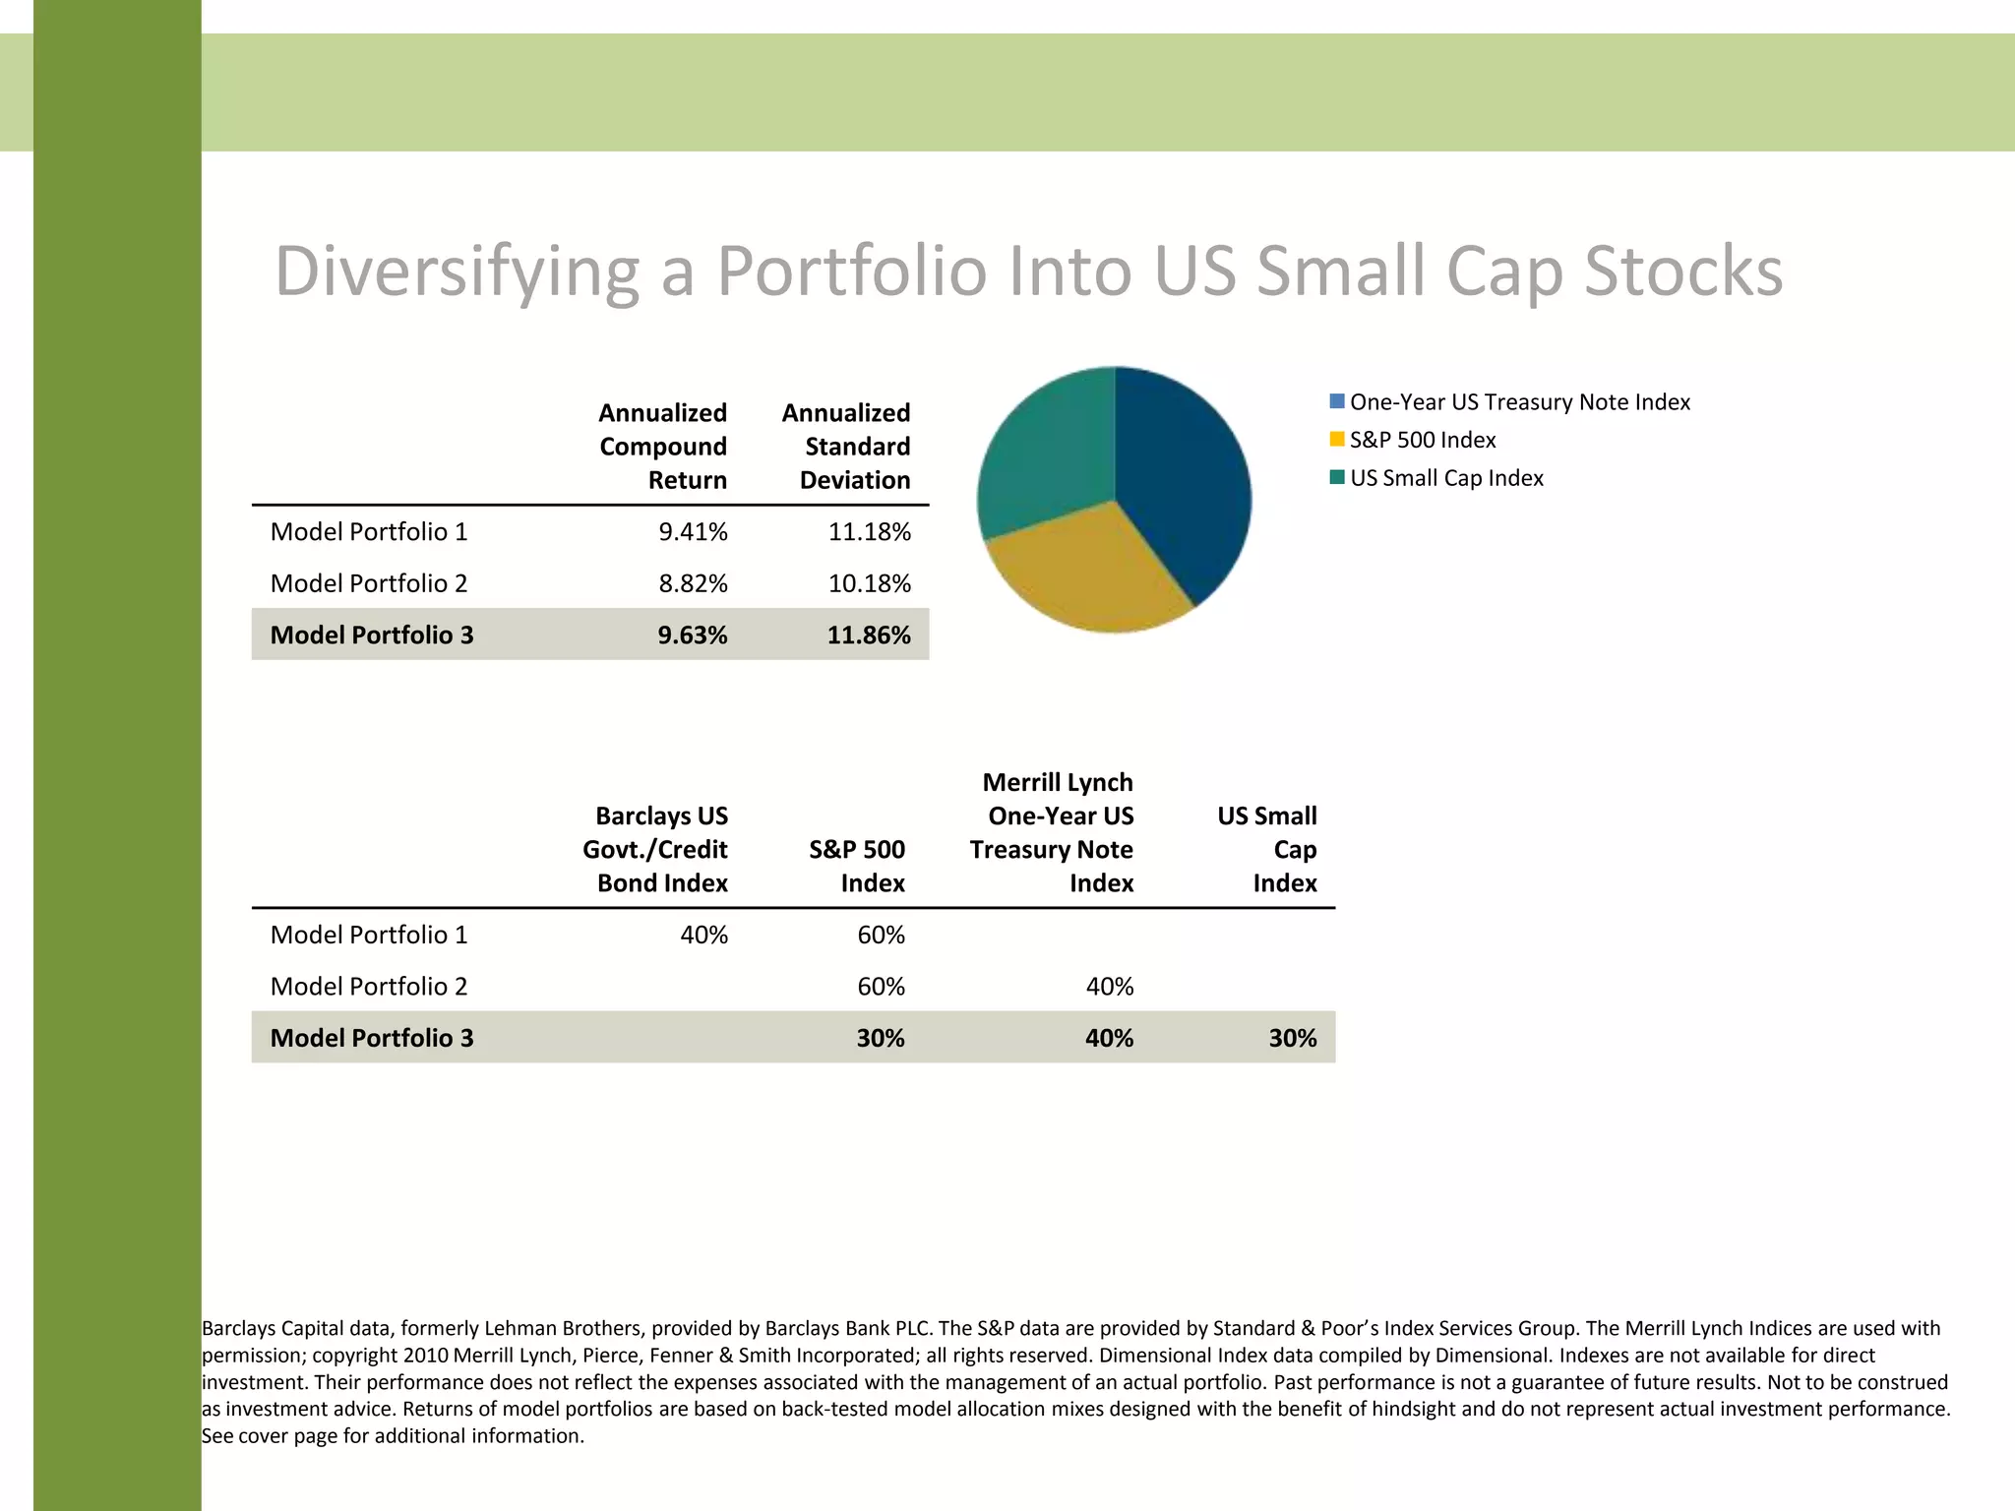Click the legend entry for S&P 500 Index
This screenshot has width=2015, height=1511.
(1422, 440)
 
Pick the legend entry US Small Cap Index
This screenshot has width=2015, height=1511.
(1445, 478)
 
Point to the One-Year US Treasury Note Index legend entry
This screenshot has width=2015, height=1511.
(1519, 402)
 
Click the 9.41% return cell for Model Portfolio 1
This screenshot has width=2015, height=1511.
(693, 532)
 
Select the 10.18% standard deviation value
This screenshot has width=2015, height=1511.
(869, 583)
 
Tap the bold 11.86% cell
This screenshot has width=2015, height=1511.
(868, 635)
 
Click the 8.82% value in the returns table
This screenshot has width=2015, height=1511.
(693, 583)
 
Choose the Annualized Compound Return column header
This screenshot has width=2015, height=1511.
(663, 447)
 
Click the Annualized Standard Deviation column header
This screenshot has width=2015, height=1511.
(847, 447)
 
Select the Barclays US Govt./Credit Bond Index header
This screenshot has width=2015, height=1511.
(657, 849)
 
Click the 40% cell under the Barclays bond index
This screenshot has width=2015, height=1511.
(703, 935)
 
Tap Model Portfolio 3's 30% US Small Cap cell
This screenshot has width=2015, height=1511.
(1292, 1038)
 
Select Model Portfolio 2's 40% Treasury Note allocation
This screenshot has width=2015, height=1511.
(1109, 987)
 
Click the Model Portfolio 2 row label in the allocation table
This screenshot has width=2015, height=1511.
(369, 987)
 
